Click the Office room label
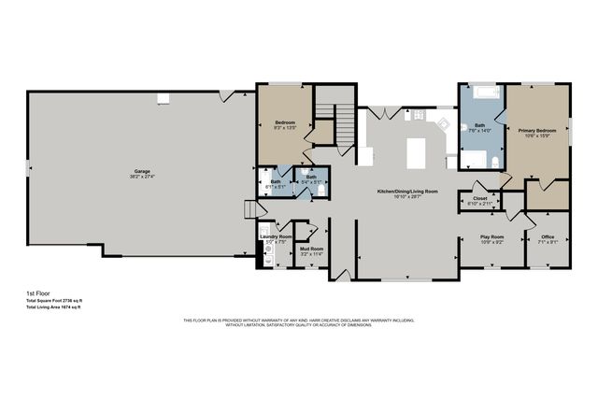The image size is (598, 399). point(548,236)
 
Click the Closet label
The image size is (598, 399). point(480,198)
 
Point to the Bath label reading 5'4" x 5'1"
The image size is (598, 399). point(311,177)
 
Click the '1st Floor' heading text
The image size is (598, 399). point(38,292)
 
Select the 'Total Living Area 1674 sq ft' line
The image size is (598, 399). point(53,307)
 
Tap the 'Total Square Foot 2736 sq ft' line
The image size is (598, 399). point(53,300)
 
